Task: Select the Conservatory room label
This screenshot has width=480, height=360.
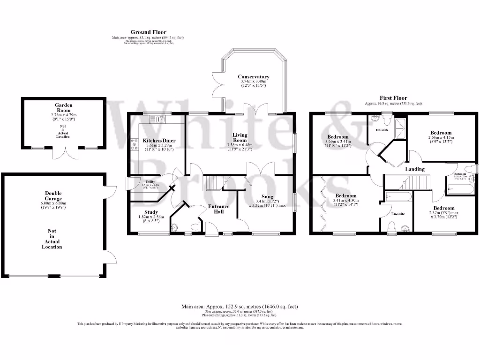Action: click(253, 76)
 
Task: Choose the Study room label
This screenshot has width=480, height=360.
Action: click(151, 212)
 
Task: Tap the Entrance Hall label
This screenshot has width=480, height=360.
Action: click(218, 209)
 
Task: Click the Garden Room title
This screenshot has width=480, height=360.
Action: click(64, 108)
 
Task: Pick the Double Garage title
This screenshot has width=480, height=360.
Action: click(53, 195)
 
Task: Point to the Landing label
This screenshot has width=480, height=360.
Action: click(415, 169)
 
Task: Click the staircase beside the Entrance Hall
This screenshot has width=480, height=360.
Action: click(211, 183)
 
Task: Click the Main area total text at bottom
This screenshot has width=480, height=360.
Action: click(240, 307)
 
